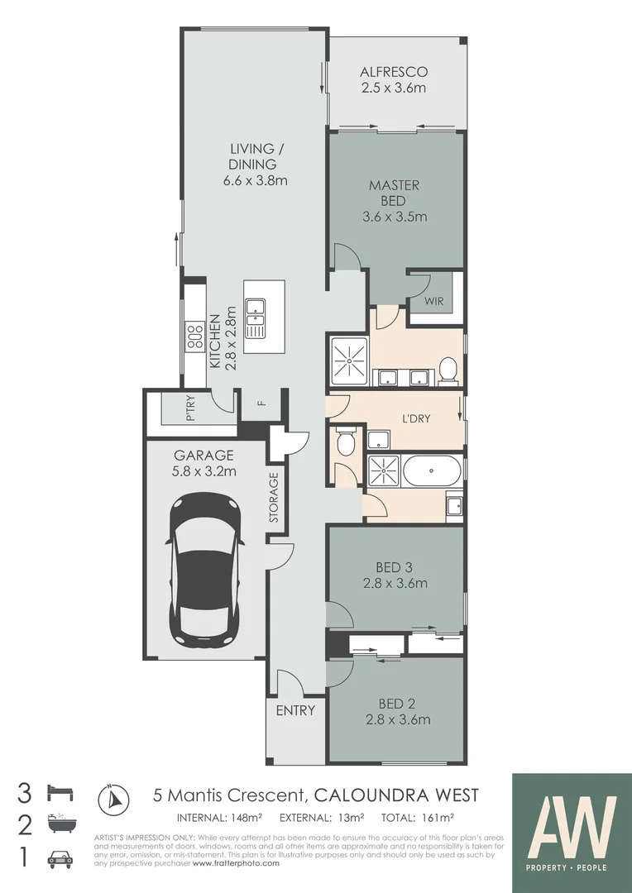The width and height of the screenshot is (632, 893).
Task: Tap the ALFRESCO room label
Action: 394,72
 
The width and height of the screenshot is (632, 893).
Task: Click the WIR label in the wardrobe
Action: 434,302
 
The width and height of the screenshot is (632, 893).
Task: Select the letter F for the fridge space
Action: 261,404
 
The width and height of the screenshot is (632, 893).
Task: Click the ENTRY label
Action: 295,710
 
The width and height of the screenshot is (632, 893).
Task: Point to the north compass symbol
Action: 114,799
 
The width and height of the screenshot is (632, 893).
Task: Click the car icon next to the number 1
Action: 62,859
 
